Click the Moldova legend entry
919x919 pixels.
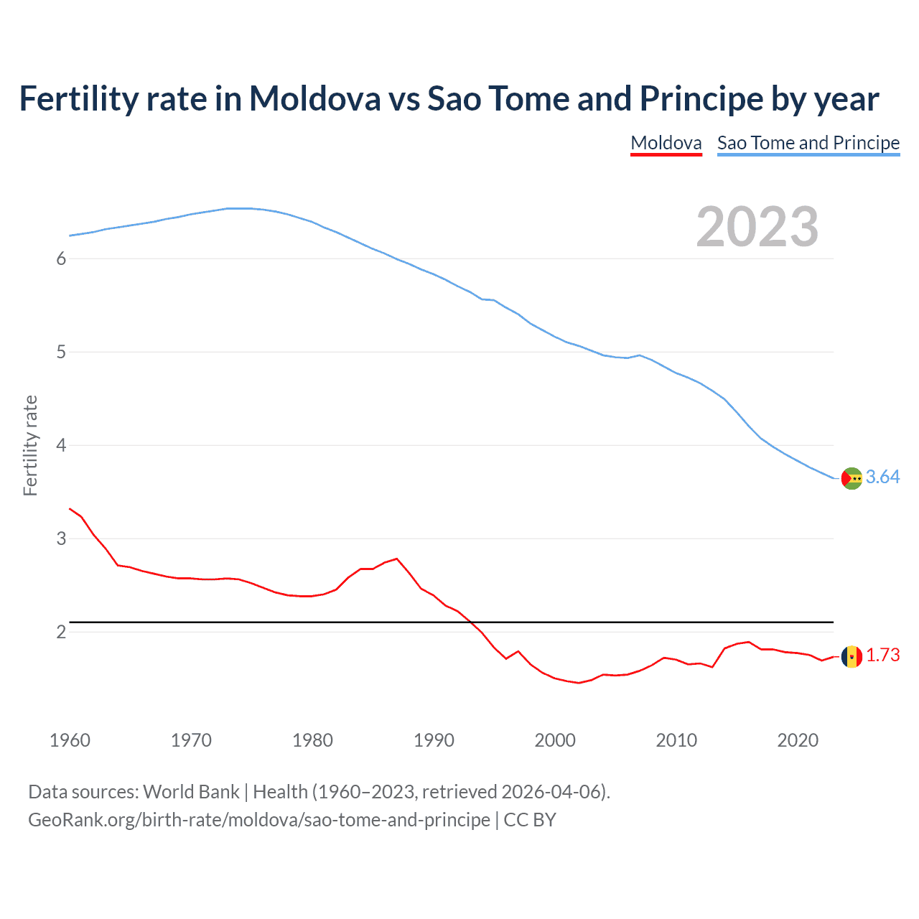point(666,143)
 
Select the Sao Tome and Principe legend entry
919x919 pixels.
point(808,143)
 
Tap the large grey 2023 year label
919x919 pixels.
point(757,227)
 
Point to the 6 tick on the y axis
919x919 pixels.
point(61,259)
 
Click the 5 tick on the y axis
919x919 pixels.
point(61,353)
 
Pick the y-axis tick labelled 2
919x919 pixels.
point(61,632)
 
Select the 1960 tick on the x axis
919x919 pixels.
point(70,740)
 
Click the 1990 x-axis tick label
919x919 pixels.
point(434,740)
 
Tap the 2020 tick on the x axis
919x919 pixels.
point(798,740)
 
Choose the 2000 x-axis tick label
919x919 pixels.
point(555,740)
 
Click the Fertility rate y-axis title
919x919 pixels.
point(30,445)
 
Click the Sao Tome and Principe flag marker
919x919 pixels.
point(852,478)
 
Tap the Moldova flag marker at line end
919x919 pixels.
point(852,656)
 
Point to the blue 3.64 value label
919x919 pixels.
point(882,477)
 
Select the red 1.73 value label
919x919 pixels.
point(882,656)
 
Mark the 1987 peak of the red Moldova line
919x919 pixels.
point(397,559)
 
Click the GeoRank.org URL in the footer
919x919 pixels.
point(258,820)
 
